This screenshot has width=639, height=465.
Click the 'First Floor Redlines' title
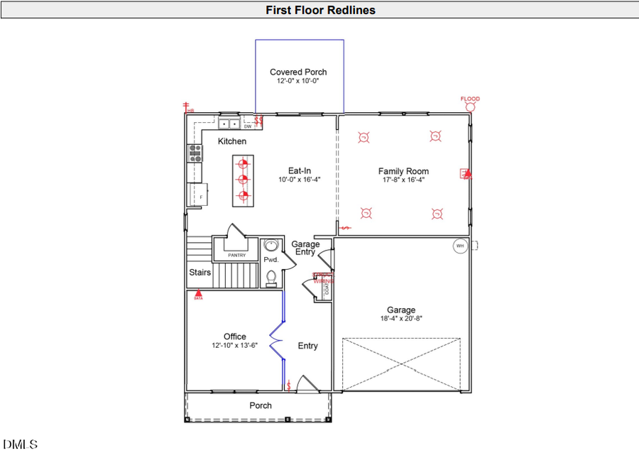(x=320, y=10)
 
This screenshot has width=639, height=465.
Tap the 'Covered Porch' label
(x=298, y=72)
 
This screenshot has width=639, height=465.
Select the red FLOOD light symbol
(x=470, y=106)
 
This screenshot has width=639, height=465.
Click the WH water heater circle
(x=460, y=246)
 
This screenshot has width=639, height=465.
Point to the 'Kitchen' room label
(x=232, y=141)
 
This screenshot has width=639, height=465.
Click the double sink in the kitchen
(x=229, y=124)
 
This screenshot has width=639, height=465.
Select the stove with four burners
(x=195, y=153)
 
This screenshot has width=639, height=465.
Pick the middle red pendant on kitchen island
(x=243, y=180)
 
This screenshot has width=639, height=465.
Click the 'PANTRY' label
(x=236, y=255)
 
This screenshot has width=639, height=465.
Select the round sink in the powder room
(x=271, y=246)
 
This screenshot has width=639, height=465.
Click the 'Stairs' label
(x=200, y=272)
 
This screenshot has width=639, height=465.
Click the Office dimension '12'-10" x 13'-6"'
(x=234, y=346)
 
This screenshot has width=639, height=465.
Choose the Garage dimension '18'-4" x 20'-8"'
(x=401, y=319)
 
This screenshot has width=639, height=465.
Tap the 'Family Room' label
(x=403, y=171)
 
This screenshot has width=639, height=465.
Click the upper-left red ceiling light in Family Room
(x=364, y=137)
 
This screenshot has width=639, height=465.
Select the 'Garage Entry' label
(x=305, y=248)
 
